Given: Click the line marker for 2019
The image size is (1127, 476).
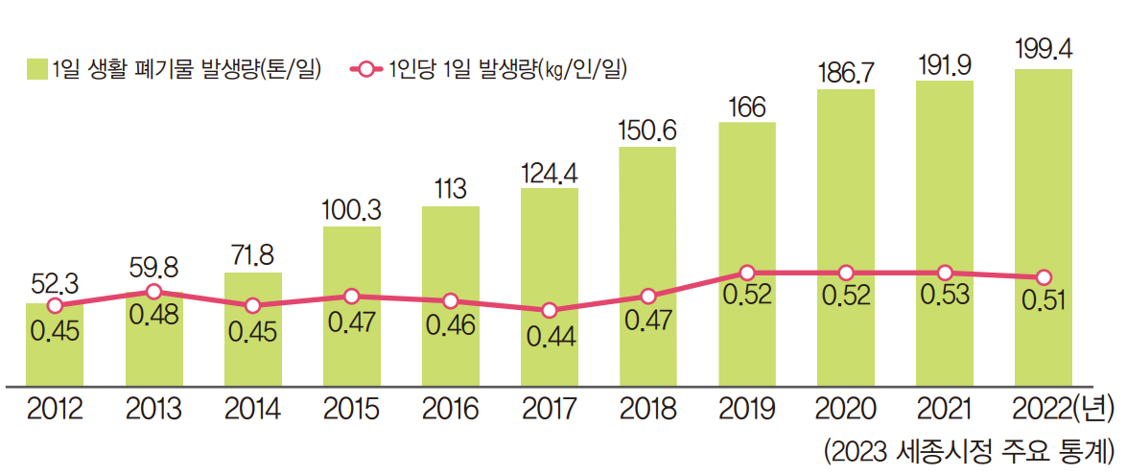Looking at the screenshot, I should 747,273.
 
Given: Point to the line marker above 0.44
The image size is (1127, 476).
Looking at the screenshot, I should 550,310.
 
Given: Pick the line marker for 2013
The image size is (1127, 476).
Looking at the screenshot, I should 153,292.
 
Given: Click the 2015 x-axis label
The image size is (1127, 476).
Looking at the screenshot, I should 351,410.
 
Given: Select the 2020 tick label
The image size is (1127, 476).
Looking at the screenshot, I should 845,410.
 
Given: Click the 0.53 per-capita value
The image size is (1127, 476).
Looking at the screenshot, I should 945,295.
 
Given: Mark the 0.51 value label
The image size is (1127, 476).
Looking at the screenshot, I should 1044,300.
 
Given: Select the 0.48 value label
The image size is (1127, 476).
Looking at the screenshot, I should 153,314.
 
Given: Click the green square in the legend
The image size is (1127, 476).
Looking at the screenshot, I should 36,68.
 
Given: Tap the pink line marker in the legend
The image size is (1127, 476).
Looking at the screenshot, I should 364,68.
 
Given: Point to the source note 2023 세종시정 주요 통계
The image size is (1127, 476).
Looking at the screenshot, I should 969,450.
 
